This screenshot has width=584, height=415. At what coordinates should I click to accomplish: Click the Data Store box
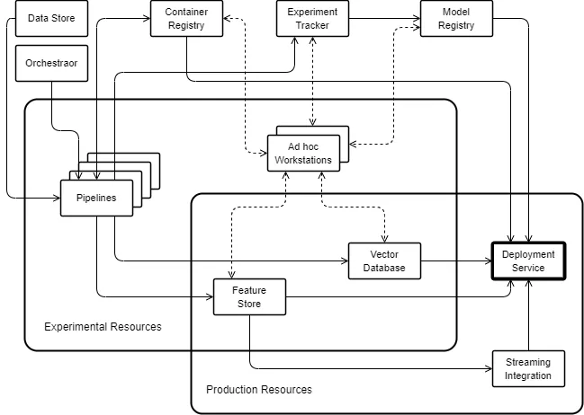51,18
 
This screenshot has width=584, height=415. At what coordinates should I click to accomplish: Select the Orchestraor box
51,64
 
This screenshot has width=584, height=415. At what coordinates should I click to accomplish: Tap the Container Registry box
185,19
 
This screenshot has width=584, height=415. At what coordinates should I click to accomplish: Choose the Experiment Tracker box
312,19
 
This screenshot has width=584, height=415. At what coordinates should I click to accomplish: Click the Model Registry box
456,19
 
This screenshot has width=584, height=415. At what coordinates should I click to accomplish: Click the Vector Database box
384,261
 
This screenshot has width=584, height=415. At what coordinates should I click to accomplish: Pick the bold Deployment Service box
528,261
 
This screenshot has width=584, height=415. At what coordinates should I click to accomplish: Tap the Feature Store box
248,297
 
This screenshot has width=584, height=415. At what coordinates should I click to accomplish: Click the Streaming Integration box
528,368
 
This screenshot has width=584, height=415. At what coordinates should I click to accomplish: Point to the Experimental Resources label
103,326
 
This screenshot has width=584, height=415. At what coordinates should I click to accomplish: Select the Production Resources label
259,389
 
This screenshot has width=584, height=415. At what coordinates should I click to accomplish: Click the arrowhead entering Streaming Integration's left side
488,368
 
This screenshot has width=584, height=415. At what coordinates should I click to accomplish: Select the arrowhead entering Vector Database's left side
344,261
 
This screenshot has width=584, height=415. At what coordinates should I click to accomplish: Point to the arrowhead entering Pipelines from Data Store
56,195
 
